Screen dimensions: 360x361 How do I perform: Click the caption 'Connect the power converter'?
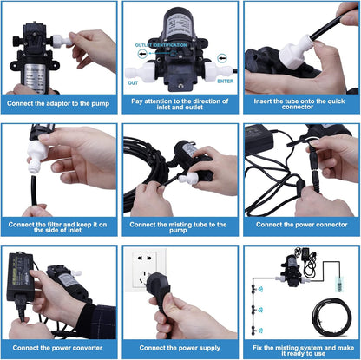tap(59, 347)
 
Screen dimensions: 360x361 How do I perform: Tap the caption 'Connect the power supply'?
tap(180, 347)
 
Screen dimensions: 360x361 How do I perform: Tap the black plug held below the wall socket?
tap(174, 304)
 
